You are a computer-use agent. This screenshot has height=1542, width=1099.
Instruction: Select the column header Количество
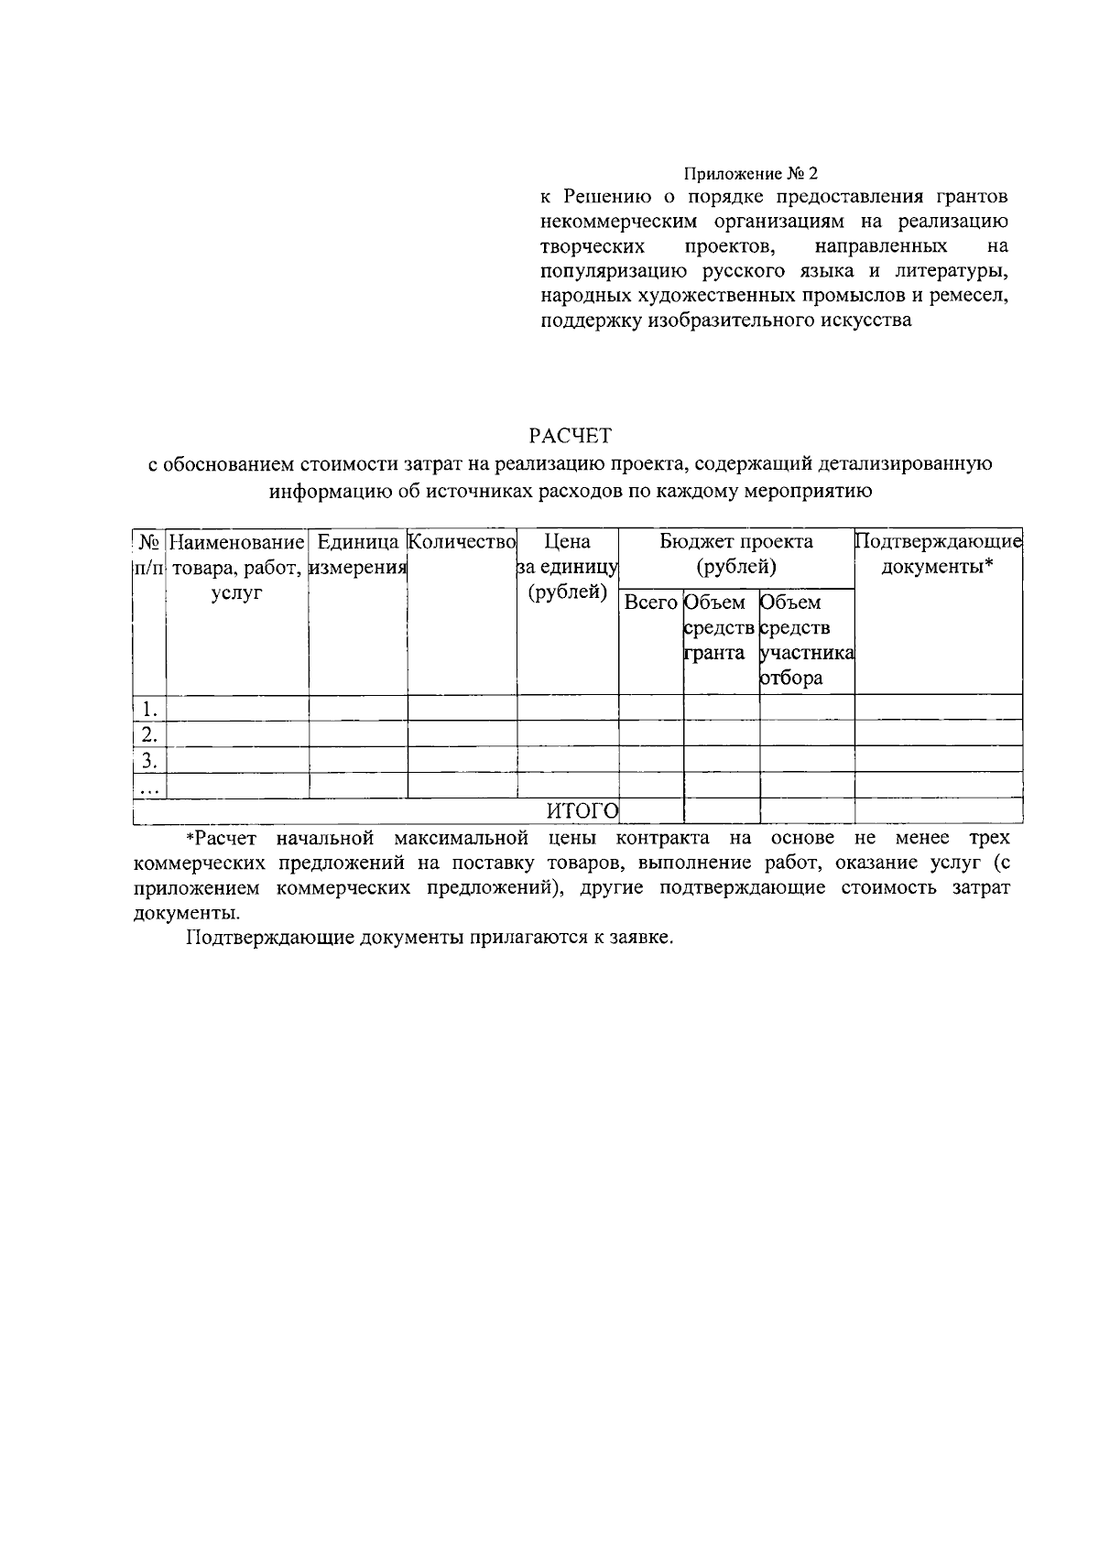click(x=462, y=542)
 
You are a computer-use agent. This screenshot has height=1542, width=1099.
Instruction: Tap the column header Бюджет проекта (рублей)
click(x=736, y=554)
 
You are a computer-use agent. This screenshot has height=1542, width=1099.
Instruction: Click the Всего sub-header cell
click(x=650, y=603)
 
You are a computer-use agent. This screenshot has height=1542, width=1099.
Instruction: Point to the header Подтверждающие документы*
click(x=938, y=554)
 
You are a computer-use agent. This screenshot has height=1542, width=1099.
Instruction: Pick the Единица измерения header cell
click(x=357, y=554)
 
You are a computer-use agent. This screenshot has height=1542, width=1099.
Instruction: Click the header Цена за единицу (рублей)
click(x=568, y=567)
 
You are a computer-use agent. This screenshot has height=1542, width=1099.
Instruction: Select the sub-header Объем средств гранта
click(x=720, y=628)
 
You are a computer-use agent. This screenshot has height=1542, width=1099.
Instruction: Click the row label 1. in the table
click(x=149, y=708)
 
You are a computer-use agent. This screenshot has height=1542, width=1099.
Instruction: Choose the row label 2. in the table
click(x=149, y=733)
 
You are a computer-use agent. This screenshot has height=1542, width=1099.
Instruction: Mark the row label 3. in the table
click(x=149, y=759)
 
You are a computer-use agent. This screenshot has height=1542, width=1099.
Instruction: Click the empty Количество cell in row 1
click(x=462, y=708)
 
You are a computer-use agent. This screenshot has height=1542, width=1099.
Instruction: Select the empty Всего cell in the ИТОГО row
click(x=650, y=810)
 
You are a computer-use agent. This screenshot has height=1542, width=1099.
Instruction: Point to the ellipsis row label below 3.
click(x=149, y=786)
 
